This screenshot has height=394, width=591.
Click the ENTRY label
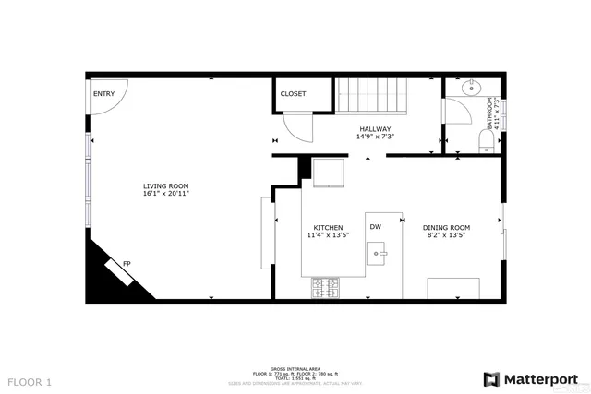tap(103, 93)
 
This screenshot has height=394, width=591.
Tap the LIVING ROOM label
tap(166, 185)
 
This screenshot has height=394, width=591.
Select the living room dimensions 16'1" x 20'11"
tap(166, 194)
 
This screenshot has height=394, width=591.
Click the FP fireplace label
tap(127, 264)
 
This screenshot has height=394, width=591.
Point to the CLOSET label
tap(293, 94)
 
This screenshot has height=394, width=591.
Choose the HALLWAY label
tap(375, 129)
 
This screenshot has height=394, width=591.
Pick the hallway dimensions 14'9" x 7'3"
tap(375, 137)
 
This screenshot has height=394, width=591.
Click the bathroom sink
tap(471, 88)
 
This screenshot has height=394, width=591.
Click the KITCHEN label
tap(328, 227)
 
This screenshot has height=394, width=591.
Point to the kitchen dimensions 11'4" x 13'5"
tap(328, 235)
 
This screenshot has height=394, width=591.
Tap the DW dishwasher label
tap(376, 226)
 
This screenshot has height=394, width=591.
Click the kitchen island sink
tap(379, 250)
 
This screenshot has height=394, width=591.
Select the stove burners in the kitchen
tap(326, 288)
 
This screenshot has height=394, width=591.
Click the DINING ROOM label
tap(446, 227)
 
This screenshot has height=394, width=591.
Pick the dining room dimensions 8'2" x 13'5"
tap(446, 235)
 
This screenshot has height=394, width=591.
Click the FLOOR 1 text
tap(30, 381)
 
